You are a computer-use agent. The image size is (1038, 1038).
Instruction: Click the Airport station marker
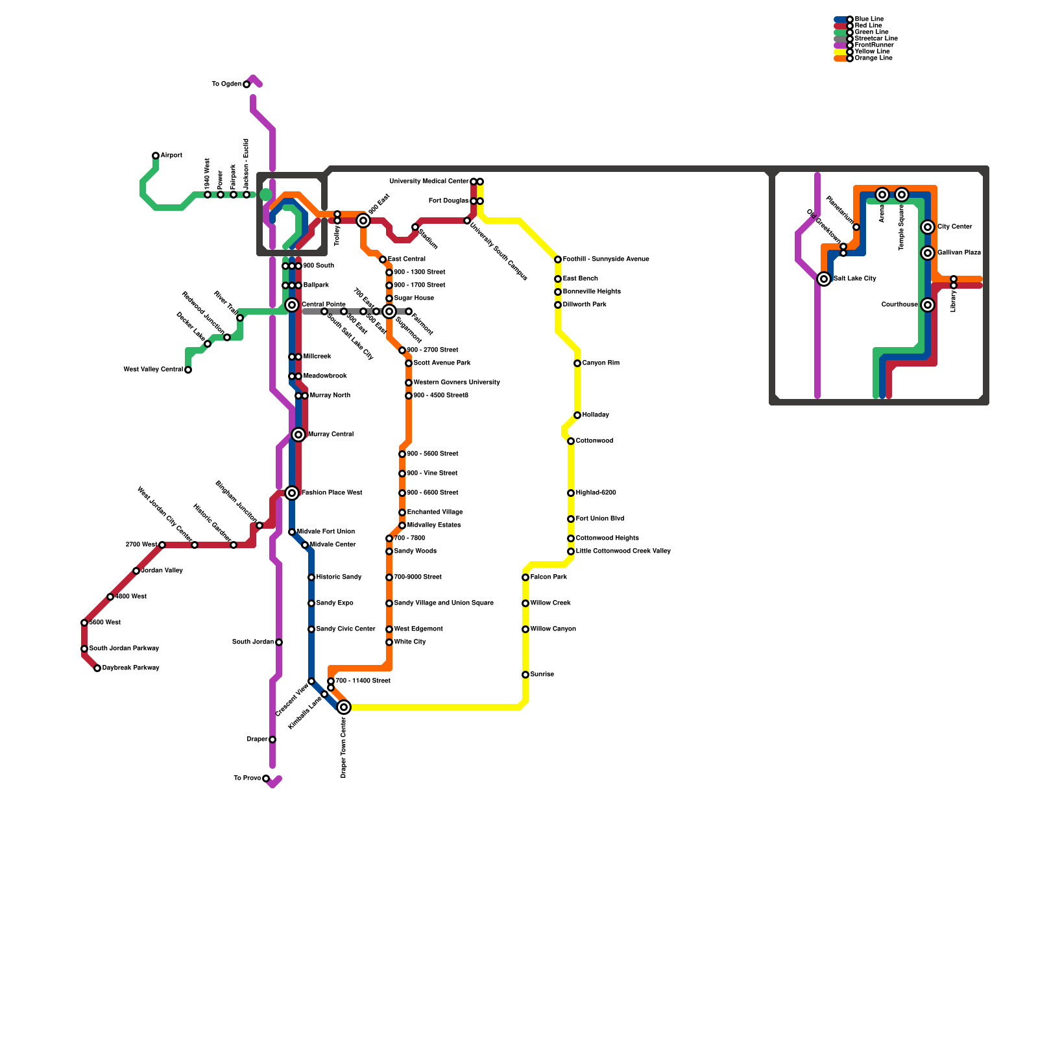click(156, 156)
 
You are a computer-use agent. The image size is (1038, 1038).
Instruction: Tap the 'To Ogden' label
click(226, 84)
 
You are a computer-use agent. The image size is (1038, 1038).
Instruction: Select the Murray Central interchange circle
click(298, 435)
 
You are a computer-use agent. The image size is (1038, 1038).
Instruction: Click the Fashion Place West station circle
click(292, 493)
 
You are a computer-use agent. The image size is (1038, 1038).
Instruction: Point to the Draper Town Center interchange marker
click(344, 707)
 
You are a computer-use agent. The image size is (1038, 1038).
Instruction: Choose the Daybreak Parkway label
click(130, 668)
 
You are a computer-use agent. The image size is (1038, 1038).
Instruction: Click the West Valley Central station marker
click(188, 370)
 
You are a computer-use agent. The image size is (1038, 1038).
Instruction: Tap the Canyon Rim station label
click(601, 363)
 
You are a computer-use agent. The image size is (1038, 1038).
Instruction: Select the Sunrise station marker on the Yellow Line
click(525, 675)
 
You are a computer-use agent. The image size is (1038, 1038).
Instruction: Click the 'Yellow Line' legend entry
click(872, 51)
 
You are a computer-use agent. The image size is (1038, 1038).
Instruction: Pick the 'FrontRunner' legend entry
click(874, 45)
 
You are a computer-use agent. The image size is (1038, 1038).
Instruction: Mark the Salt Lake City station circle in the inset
click(824, 279)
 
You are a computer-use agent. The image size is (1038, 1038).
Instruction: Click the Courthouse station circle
click(928, 305)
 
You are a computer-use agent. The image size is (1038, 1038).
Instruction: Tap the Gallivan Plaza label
click(959, 253)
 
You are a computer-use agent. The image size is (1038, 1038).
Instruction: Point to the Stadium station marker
click(415, 227)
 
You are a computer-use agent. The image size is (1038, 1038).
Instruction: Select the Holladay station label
click(596, 415)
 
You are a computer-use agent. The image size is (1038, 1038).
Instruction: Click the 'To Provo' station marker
click(266, 779)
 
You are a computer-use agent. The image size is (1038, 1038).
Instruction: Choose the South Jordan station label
click(253, 642)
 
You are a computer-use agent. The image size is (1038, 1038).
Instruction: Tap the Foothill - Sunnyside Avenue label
click(606, 259)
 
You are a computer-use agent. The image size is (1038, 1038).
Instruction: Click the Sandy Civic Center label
click(346, 629)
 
